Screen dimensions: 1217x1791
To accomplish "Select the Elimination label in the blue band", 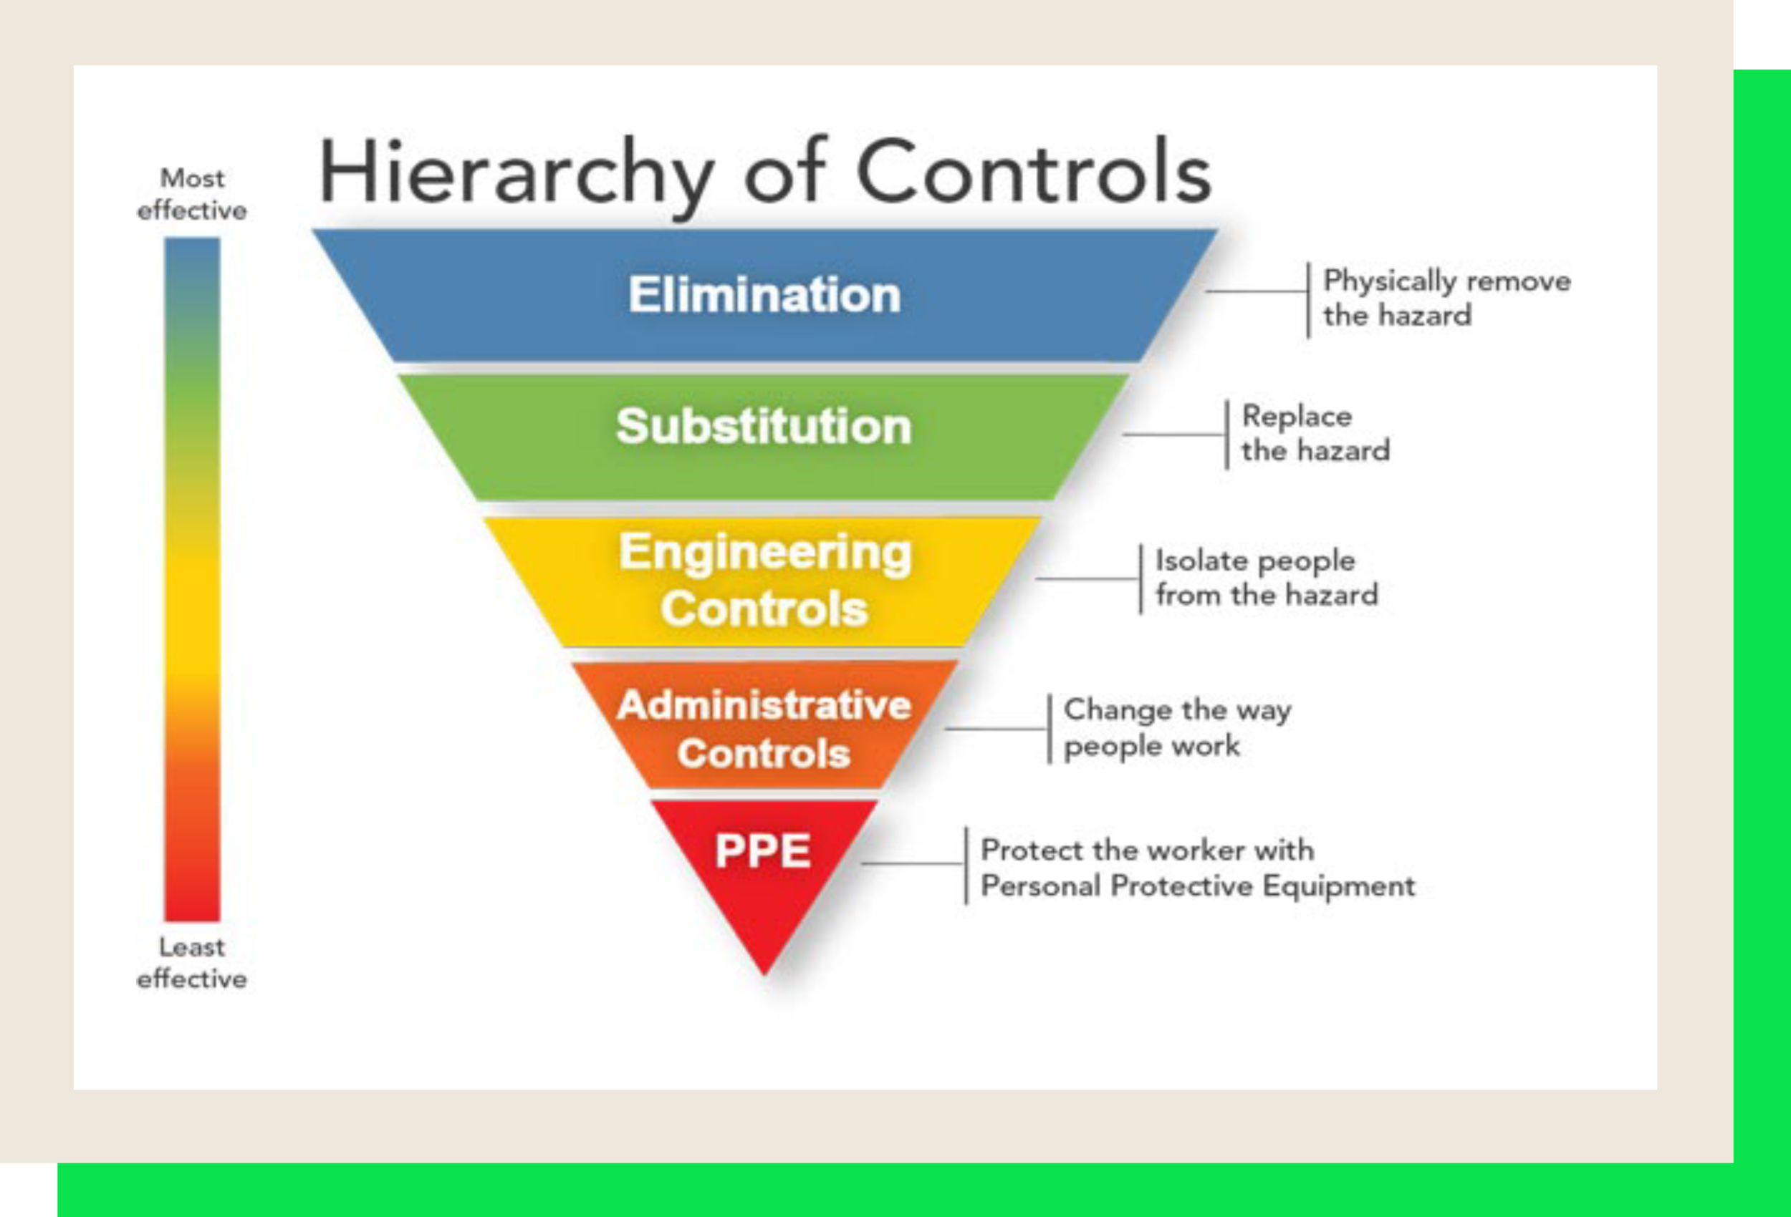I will click(x=764, y=295).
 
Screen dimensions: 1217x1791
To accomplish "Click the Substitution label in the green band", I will click(x=764, y=427).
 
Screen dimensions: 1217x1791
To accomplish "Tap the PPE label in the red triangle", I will click(x=763, y=851).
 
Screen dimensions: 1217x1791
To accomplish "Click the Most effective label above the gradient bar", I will click(x=192, y=194).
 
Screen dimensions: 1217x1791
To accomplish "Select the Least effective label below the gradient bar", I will click(x=192, y=963).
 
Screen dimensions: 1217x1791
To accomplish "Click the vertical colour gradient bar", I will click(x=192, y=578).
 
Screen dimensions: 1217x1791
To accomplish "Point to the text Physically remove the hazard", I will click(x=1446, y=298).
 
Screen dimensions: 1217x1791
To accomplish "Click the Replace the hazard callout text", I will click(x=1315, y=434).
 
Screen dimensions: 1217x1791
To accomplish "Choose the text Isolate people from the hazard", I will click(x=1266, y=578).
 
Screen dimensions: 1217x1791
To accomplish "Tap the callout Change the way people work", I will click(x=1177, y=728).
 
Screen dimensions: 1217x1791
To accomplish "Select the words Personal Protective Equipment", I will click(x=1198, y=886).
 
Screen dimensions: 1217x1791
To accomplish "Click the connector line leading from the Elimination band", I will click(x=1256, y=292).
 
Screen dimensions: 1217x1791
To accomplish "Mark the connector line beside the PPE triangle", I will click(x=913, y=863).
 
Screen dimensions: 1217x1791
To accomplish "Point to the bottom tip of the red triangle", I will click(x=764, y=972).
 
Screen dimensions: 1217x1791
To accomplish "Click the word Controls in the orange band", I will click(x=764, y=754).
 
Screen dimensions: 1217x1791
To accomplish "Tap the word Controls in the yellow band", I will click(x=764, y=609).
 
